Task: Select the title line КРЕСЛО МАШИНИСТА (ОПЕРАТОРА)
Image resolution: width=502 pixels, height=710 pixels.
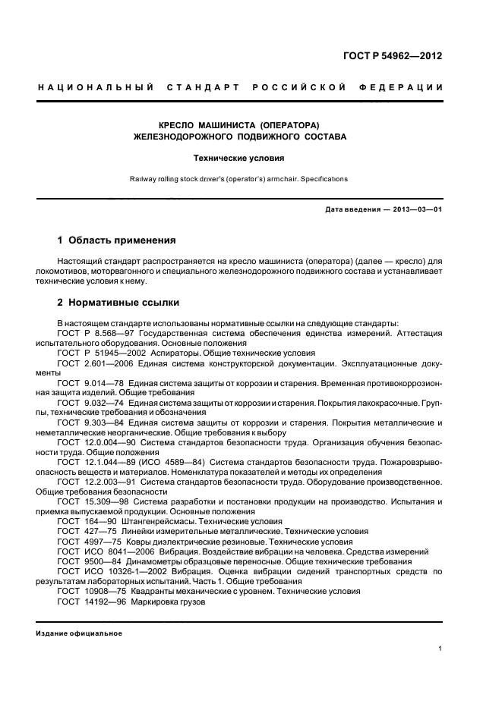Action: click(240, 124)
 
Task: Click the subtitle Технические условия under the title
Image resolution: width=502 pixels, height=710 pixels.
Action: click(240, 159)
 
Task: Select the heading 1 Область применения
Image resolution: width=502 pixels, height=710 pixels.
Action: click(117, 240)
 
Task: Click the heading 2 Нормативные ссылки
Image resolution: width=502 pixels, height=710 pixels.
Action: click(118, 302)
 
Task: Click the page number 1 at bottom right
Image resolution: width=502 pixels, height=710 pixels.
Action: click(440, 649)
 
